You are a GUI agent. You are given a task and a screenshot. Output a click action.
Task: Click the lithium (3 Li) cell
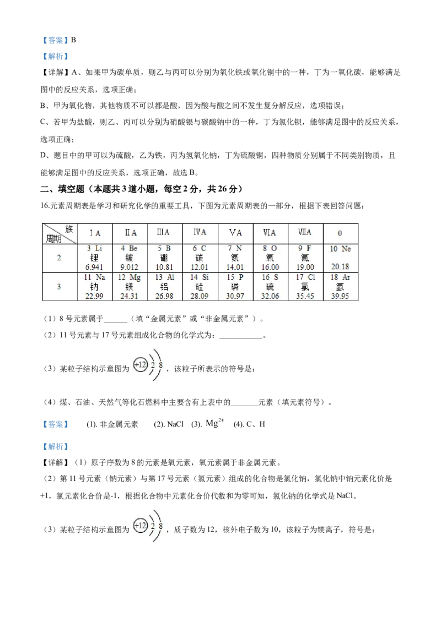click(94, 258)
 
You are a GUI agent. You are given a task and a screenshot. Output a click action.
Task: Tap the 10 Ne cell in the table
click(340, 258)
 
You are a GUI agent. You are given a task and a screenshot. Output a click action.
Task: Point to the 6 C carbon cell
click(200, 258)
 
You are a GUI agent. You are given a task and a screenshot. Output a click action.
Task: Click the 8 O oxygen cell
click(270, 258)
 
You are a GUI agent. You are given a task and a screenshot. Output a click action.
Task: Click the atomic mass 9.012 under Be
click(129, 267)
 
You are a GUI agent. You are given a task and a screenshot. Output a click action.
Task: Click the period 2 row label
click(58, 258)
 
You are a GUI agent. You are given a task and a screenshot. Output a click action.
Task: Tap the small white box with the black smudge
click(216, 423)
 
